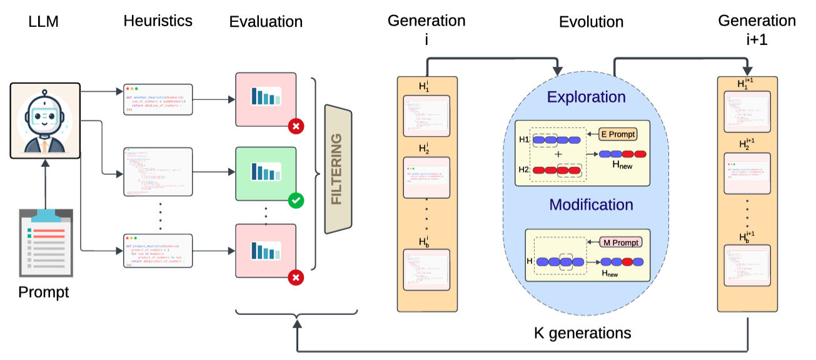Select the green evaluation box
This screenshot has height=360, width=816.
[x=265, y=173]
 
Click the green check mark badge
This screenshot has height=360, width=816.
[x=296, y=201]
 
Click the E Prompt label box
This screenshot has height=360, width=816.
[x=617, y=134]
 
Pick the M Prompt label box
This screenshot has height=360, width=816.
[x=622, y=242]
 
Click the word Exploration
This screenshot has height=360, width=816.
[x=586, y=97]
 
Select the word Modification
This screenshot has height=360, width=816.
[x=591, y=205]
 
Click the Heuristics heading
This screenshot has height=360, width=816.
[x=158, y=21]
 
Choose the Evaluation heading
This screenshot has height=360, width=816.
[x=266, y=22]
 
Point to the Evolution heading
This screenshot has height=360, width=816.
[x=591, y=22]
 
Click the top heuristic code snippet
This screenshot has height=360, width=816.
[x=158, y=99]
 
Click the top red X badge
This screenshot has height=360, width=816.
[x=296, y=127]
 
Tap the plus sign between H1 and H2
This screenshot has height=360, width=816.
[x=557, y=154]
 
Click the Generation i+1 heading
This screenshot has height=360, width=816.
[x=757, y=29]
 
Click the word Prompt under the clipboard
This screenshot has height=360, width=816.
[x=44, y=292]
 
